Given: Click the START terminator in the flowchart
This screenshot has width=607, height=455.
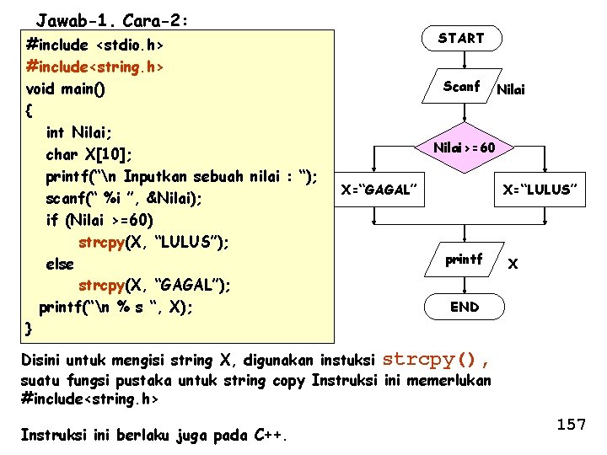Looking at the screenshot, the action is click(x=462, y=39).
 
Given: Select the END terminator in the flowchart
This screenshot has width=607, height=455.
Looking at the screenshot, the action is click(x=465, y=307).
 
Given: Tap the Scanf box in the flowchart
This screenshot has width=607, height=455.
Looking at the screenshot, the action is click(x=462, y=86).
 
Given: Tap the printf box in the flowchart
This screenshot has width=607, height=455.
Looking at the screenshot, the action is click(x=464, y=260).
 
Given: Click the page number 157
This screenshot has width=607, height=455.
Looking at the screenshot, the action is click(x=571, y=425).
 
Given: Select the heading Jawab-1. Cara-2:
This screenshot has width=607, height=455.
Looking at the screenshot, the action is click(x=112, y=19).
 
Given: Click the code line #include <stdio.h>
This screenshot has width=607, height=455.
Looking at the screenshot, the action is click(x=95, y=43).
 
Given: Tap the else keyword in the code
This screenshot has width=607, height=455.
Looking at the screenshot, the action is click(x=60, y=264).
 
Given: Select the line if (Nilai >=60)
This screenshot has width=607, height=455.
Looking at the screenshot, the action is click(x=100, y=220).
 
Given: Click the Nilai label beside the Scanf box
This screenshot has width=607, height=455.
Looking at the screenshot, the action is click(x=511, y=88).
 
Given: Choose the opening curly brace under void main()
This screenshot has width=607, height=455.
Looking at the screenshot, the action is click(x=30, y=110).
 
